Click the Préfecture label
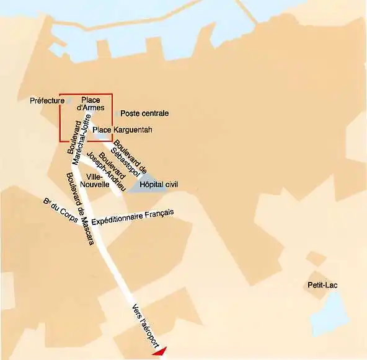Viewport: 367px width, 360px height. coord(47,100)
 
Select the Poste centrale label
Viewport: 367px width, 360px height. coord(144,113)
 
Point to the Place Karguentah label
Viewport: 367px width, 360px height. coord(122,130)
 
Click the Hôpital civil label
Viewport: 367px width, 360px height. coord(159,185)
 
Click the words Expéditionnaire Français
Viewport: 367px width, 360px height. coord(132,217)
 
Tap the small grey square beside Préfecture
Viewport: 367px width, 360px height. coord(69,100)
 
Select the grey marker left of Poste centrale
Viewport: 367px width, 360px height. coord(117,113)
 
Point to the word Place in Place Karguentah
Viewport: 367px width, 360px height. coord(102,130)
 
